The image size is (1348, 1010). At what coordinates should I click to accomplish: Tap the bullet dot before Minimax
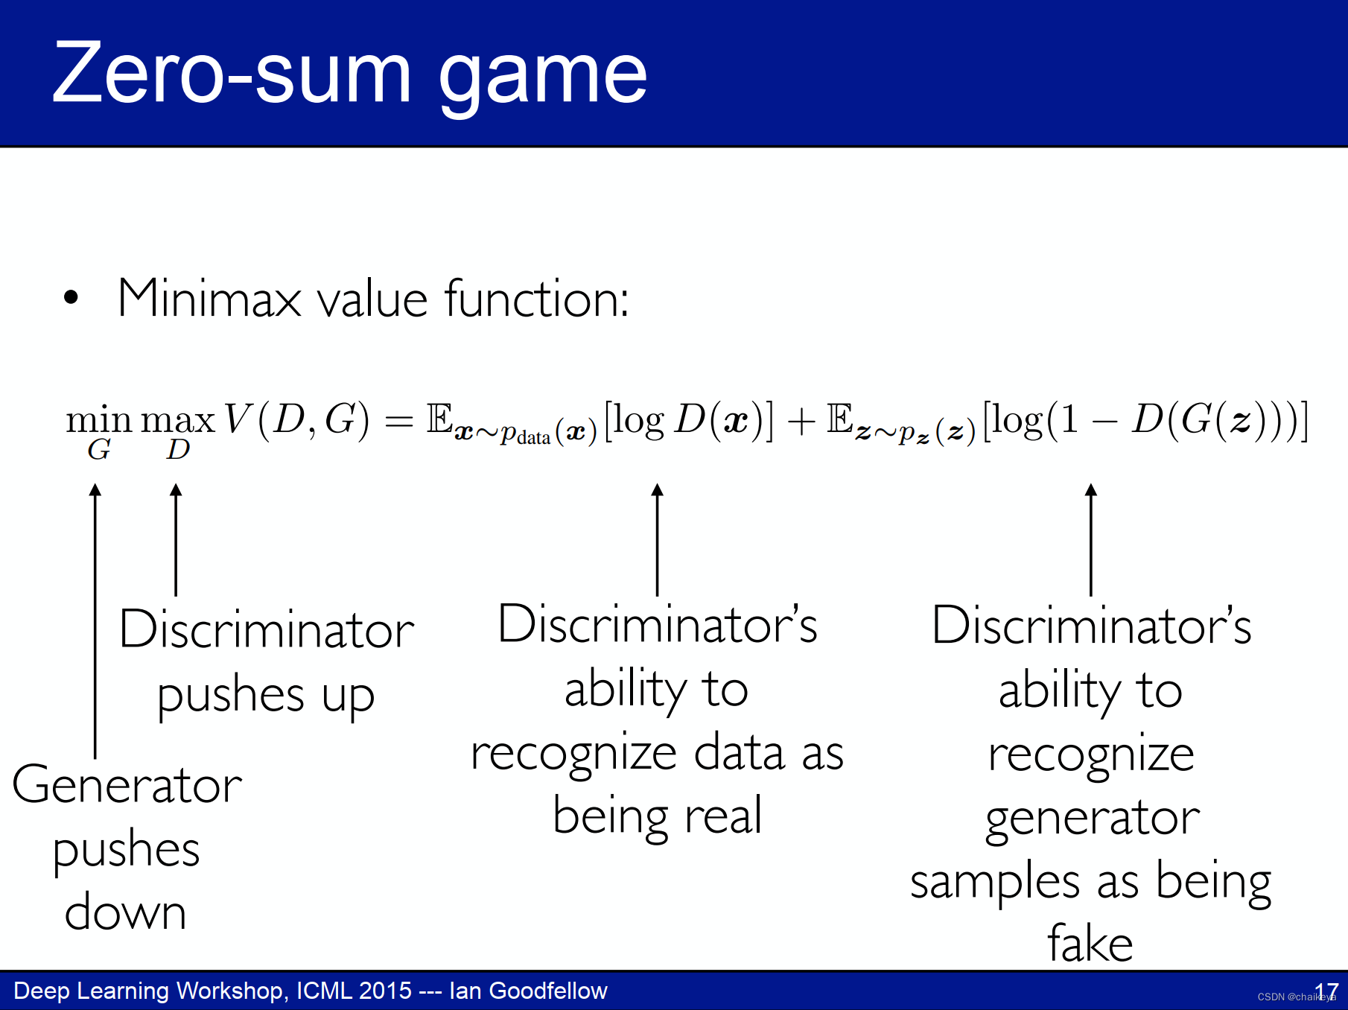click(71, 297)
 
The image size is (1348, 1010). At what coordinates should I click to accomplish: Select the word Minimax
click(209, 299)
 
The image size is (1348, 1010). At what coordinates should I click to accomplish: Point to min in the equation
click(98, 420)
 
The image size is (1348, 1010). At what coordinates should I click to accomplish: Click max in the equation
click(178, 420)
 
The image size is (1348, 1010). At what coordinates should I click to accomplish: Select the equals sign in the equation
click(398, 422)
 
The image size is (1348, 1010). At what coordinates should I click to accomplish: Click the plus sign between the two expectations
click(801, 421)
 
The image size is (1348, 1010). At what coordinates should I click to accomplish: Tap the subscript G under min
click(99, 450)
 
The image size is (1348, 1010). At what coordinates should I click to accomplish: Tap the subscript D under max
click(178, 450)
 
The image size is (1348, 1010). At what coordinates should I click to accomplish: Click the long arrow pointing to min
click(95, 618)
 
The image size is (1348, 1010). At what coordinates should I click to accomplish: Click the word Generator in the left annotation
click(127, 785)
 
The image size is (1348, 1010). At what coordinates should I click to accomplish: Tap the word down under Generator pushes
click(125, 912)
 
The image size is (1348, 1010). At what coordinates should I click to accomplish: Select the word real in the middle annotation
click(723, 816)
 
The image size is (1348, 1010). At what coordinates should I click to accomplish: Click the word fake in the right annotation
click(1090, 944)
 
